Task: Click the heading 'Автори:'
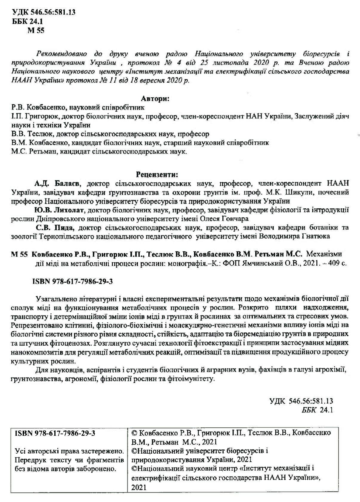[x=155, y=99]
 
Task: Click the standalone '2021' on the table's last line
[x=139, y=487]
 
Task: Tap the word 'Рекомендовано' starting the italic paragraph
[x=61, y=54]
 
